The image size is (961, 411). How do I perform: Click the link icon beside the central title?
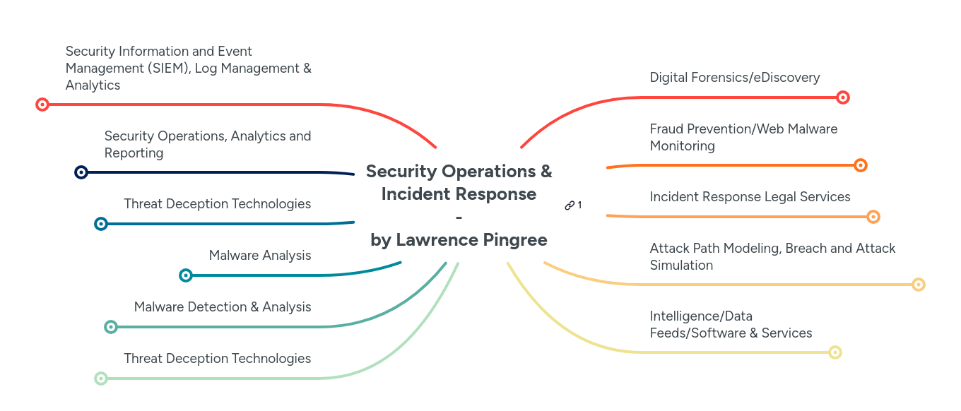(570, 205)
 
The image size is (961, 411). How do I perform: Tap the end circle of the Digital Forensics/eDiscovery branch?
(842, 97)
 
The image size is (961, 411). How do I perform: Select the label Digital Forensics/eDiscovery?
(735, 78)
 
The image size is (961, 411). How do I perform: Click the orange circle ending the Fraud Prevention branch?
(860, 165)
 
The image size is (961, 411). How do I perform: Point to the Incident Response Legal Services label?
(750, 197)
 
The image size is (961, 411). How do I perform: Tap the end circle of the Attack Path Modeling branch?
(918, 285)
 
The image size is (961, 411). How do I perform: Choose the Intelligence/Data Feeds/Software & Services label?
(731, 325)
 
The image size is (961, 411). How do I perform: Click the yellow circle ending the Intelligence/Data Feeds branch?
(835, 352)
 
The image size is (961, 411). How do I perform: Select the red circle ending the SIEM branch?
(42, 105)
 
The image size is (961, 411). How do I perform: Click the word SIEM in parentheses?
(168, 68)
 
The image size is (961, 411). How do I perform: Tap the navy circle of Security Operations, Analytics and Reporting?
(81, 172)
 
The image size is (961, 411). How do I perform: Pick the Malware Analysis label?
(260, 256)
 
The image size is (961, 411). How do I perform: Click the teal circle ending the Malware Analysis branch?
(186, 275)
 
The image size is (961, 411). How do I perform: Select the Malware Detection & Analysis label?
(223, 307)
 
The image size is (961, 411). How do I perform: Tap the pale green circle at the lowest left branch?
(101, 379)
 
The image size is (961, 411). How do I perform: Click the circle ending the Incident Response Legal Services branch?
(873, 217)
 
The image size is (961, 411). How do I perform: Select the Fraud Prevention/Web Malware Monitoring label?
(743, 138)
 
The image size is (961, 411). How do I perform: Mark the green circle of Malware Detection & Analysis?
(110, 327)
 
